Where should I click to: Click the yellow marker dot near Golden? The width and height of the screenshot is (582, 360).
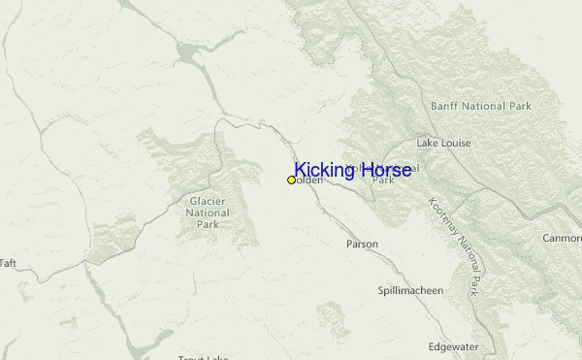[291, 180]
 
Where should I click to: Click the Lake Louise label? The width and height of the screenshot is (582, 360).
[443, 143]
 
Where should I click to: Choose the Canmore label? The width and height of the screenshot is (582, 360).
[562, 238]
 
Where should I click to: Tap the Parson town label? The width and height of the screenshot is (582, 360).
[363, 244]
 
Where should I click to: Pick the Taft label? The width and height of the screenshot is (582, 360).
[8, 263]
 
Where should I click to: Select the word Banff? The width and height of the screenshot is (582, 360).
[444, 105]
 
